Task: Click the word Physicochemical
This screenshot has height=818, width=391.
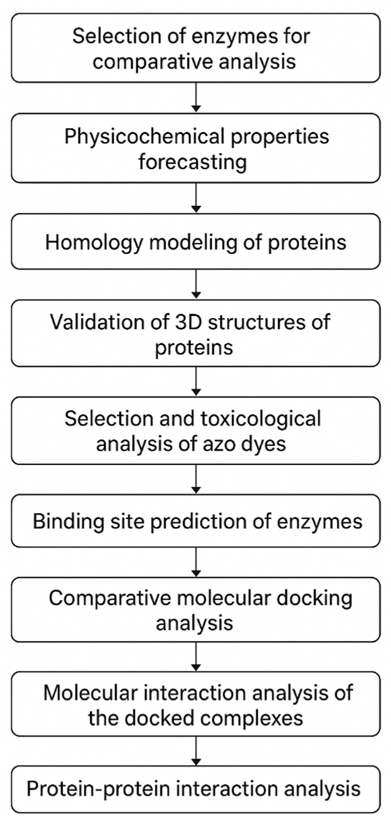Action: [144, 137]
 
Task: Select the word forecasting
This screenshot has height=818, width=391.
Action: [192, 162]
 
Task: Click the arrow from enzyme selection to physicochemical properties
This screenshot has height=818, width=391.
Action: [196, 97]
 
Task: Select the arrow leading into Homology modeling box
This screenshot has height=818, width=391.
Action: [196, 197]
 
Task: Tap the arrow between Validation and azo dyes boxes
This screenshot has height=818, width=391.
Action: [196, 381]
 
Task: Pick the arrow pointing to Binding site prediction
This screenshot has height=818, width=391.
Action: [196, 479]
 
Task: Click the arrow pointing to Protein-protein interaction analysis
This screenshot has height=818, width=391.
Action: [196, 751]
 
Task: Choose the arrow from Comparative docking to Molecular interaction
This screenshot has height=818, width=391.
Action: [196, 656]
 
